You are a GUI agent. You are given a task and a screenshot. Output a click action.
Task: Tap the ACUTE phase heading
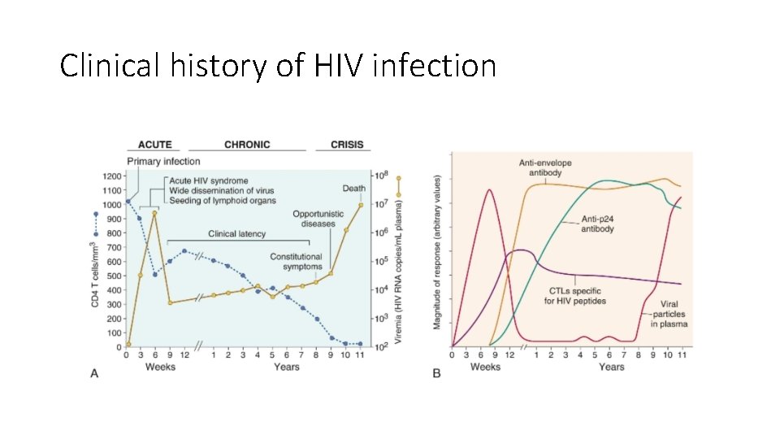[154, 145]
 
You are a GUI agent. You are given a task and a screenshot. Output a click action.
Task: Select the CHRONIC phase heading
[247, 145]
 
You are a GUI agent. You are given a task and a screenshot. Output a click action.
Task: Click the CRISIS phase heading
[347, 145]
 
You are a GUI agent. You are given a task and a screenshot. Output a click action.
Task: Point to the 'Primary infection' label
[162, 162]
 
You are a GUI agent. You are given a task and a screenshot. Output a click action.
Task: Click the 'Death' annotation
[353, 188]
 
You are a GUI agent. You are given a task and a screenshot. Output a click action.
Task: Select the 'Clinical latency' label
[237, 233]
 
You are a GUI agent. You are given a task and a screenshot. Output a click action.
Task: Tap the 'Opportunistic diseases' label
[313, 219]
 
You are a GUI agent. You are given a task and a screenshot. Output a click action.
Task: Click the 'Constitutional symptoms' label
[297, 262]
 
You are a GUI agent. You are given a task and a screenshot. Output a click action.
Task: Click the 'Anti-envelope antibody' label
[545, 168]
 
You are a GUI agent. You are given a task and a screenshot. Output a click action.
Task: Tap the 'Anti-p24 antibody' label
[597, 224]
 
